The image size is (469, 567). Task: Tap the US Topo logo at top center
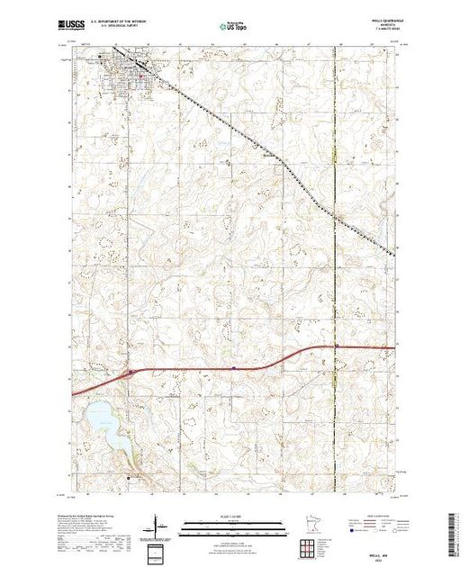[235, 28]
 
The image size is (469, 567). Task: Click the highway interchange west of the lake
[131, 370]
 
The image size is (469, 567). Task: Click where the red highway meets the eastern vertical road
[336, 346]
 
